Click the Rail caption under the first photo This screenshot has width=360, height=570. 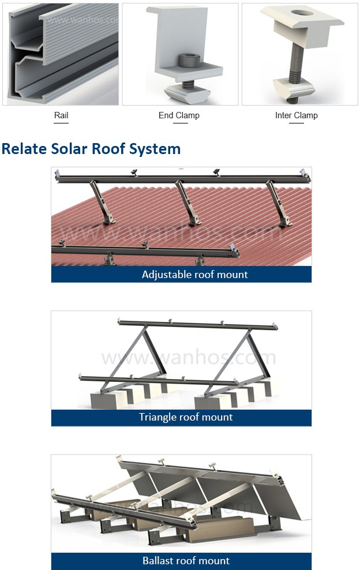[61, 115]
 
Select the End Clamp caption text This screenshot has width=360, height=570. [179, 115]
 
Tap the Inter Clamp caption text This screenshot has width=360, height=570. [296, 115]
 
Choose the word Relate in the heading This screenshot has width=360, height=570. [22, 149]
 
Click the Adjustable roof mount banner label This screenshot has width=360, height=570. [194, 275]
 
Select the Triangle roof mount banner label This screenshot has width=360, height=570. [186, 417]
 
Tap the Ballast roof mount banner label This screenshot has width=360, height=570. [186, 561]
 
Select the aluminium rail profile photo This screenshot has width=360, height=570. [61, 54]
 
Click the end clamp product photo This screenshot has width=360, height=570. [180, 54]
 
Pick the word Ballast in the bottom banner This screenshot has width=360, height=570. [157, 561]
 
